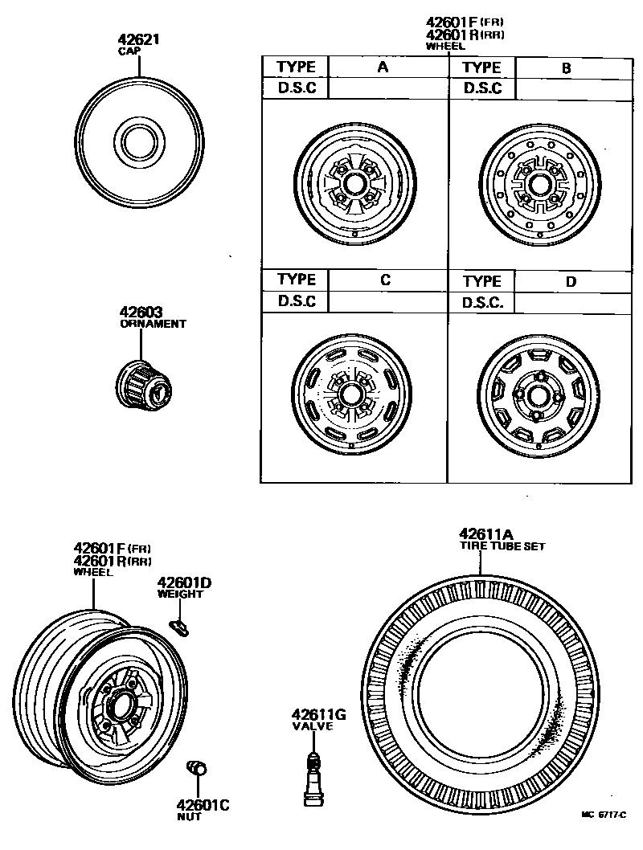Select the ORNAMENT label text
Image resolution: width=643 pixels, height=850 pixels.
coord(153,324)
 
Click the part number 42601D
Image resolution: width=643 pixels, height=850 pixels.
coord(184,582)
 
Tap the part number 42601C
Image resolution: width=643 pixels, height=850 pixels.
coord(203,803)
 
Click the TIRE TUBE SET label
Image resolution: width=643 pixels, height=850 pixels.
coord(502,546)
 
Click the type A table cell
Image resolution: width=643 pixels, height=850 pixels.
coord(383,67)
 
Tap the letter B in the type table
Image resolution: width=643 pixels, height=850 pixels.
coord(566,67)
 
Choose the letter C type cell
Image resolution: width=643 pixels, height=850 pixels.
coord(385,280)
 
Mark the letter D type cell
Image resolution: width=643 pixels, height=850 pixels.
coord(571,281)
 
